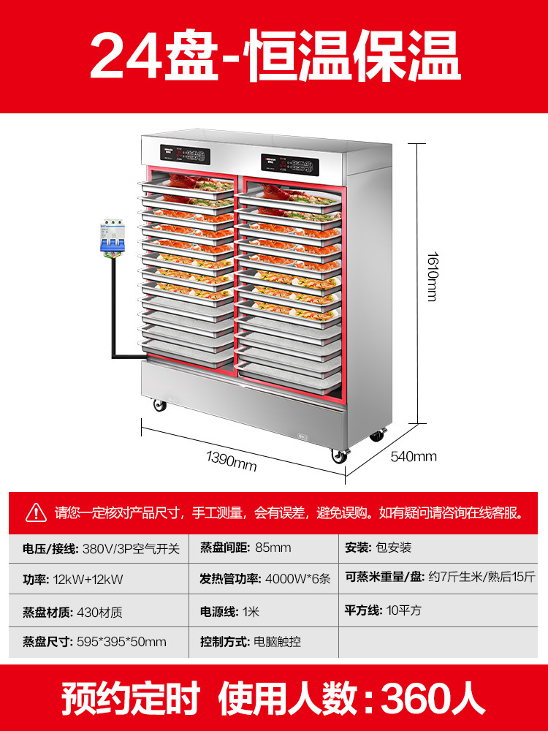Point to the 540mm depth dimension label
tap(414, 457)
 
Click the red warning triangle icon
tap(36, 512)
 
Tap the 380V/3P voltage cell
tap(99, 548)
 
